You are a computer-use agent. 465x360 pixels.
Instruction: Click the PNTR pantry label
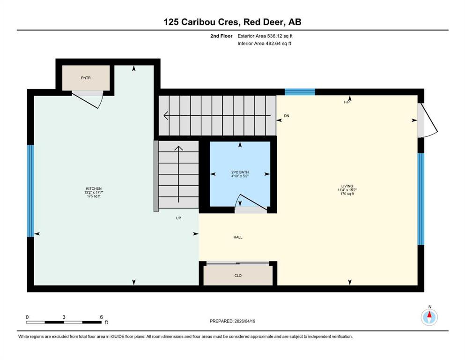tap(86, 78)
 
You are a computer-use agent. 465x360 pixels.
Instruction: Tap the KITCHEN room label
tap(94, 188)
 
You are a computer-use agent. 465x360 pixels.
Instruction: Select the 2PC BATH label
tap(240, 172)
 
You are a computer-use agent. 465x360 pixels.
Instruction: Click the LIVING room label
tap(347, 186)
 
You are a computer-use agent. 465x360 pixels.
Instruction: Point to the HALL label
tap(238, 237)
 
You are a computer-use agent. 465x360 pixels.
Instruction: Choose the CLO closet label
tap(238, 276)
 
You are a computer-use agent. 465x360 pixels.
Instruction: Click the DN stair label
tap(287, 116)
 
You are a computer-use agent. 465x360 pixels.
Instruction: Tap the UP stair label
tap(178, 218)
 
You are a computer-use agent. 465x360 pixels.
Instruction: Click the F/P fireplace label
tap(347, 102)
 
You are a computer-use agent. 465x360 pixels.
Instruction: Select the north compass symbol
tap(429, 317)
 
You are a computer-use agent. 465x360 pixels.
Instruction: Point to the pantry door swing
tap(89, 100)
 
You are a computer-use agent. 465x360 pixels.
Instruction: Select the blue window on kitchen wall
tap(30, 191)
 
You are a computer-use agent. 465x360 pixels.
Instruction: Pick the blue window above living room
tap(300, 92)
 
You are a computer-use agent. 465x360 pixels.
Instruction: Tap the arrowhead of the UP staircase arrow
tap(178, 148)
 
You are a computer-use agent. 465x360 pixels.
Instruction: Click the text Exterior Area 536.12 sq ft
tap(265, 36)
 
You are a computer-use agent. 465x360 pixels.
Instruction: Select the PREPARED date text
tap(232, 321)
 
